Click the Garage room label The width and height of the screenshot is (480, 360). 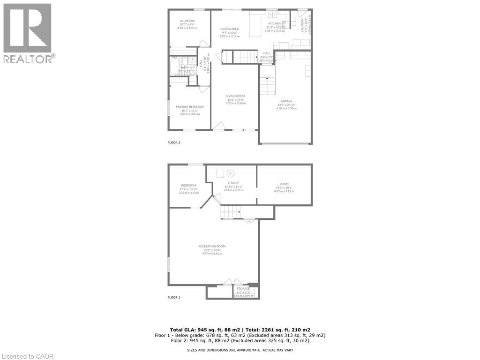point(286,101)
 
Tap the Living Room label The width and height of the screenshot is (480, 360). point(235,96)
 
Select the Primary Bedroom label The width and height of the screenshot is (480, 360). point(189,107)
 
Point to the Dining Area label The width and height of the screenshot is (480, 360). point(230,29)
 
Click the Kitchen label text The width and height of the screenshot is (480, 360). point(274,23)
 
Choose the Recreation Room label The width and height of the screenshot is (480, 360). point(212,247)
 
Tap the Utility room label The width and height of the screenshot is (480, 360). point(233,183)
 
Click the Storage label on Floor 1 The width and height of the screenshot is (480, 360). point(243,289)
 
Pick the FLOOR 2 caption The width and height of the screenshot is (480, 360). point(174,142)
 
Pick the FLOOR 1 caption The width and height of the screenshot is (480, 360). point(174,297)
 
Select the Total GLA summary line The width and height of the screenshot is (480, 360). point(240,330)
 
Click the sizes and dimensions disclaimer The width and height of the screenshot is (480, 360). point(240,350)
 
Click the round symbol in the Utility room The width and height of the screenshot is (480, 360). point(230,173)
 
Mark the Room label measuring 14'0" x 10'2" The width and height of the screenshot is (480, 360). point(284,184)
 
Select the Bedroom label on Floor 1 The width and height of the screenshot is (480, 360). point(188,185)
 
